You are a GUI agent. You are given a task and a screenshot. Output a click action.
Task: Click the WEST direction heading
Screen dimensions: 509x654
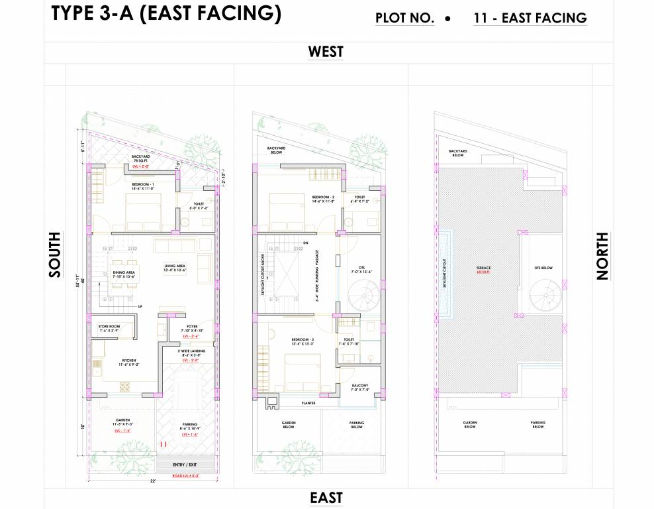coord(326,52)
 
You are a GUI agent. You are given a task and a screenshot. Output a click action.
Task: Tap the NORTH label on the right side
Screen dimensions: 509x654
coord(602,256)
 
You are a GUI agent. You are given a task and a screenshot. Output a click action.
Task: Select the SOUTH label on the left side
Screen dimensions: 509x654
coord(54,254)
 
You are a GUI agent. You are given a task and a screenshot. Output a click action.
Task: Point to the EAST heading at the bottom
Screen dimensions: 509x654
coord(326,498)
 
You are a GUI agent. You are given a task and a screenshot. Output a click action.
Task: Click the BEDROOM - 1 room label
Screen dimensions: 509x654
coord(142,184)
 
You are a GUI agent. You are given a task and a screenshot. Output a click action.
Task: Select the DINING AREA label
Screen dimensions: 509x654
coord(124,272)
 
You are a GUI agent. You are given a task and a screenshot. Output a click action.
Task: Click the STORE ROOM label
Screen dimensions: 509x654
coord(109,326)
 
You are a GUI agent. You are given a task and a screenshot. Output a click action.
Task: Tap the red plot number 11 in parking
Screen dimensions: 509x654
coord(162,444)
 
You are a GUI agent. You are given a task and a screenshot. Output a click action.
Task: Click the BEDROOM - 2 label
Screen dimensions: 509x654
coord(323,198)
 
